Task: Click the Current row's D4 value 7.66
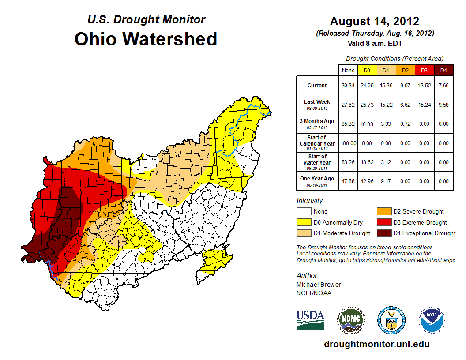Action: click(x=443, y=86)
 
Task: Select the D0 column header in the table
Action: click(x=367, y=70)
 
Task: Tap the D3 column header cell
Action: click(x=424, y=70)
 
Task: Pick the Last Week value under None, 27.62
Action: click(x=348, y=105)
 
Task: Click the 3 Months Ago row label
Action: click(x=317, y=124)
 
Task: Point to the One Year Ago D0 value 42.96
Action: click(x=367, y=181)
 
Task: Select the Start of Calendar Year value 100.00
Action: click(x=348, y=143)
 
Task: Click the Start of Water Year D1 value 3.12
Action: click(x=386, y=162)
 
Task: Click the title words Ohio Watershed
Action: click(x=146, y=39)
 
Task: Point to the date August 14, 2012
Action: click(x=374, y=21)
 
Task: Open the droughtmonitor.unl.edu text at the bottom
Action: click(x=376, y=344)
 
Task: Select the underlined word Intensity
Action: click(x=310, y=201)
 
